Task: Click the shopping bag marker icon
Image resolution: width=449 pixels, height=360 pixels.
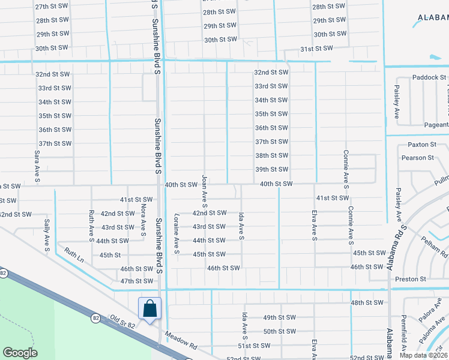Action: point(149,309)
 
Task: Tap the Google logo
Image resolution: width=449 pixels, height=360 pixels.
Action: point(20,353)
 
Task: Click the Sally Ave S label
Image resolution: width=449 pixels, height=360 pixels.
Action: point(46,233)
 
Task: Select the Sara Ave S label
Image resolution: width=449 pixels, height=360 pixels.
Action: point(37,166)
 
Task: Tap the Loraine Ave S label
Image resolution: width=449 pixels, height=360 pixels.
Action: point(176,233)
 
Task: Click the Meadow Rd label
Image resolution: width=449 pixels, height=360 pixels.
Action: point(181,341)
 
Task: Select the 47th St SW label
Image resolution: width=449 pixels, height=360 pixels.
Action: point(137,281)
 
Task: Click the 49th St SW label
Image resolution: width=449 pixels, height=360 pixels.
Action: point(280,317)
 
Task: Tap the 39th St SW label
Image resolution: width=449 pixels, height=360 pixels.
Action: point(271,170)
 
